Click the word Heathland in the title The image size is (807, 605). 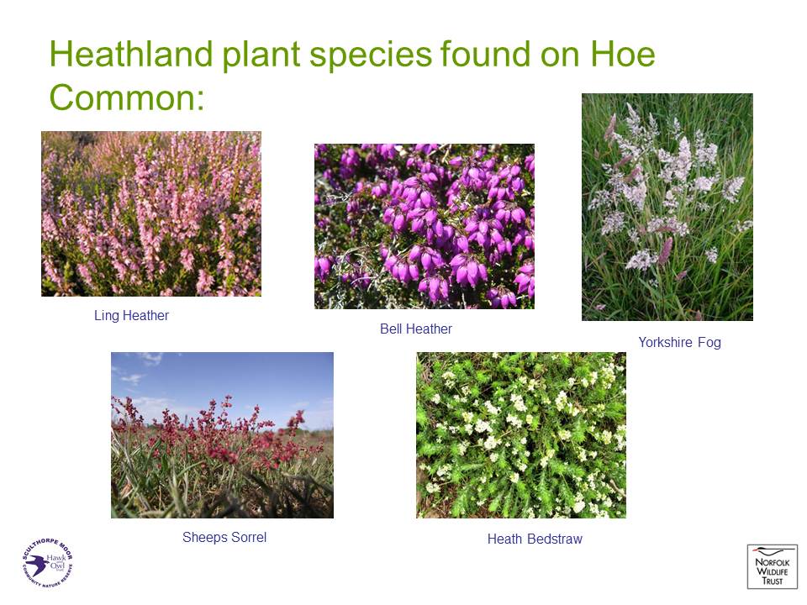(x=131, y=54)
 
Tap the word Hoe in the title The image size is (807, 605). (x=623, y=54)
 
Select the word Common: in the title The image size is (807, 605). (x=127, y=97)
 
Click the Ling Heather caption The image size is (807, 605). (x=131, y=315)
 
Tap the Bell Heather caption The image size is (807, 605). (x=416, y=329)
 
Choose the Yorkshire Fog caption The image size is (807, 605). (x=679, y=342)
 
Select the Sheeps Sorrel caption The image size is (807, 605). (x=224, y=538)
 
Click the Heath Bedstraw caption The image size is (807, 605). (x=535, y=539)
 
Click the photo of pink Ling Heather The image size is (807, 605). (x=151, y=213)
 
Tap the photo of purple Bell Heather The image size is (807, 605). (x=424, y=226)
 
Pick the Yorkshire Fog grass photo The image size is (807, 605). (x=667, y=207)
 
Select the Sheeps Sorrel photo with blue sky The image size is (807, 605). (x=222, y=434)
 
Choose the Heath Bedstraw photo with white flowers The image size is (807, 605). (x=521, y=434)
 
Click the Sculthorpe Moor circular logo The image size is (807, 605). (x=47, y=563)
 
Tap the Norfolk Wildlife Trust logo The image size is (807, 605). (x=772, y=566)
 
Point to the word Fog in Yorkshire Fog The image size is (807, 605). (x=709, y=342)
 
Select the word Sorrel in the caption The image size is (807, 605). (x=249, y=537)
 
